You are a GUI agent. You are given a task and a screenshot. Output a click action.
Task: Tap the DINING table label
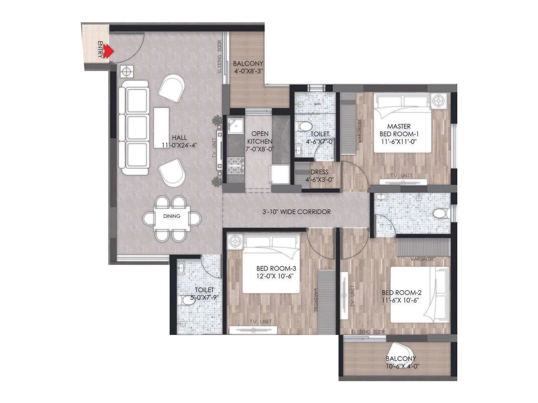tap(171, 216)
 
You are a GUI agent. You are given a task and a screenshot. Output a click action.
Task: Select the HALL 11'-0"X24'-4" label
tap(179, 141)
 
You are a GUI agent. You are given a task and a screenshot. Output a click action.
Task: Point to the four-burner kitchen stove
tap(235, 165)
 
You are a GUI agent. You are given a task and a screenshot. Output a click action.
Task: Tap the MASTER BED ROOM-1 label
tap(399, 134)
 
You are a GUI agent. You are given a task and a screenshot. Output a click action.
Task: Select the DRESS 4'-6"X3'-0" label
tap(319, 176)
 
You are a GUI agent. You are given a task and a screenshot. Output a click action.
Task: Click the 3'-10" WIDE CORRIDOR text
tap(296, 212)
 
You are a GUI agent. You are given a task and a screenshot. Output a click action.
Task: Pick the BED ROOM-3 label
tap(276, 272)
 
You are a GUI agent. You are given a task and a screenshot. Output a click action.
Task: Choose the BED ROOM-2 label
tap(401, 296)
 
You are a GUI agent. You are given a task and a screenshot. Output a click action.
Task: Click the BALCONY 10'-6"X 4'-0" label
tap(401, 362)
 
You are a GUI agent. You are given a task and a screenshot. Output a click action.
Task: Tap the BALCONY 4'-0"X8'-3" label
tap(248, 67)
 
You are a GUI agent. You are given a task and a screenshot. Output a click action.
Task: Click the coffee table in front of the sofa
tap(161, 128)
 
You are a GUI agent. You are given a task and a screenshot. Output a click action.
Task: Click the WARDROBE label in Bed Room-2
tap(422, 259)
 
